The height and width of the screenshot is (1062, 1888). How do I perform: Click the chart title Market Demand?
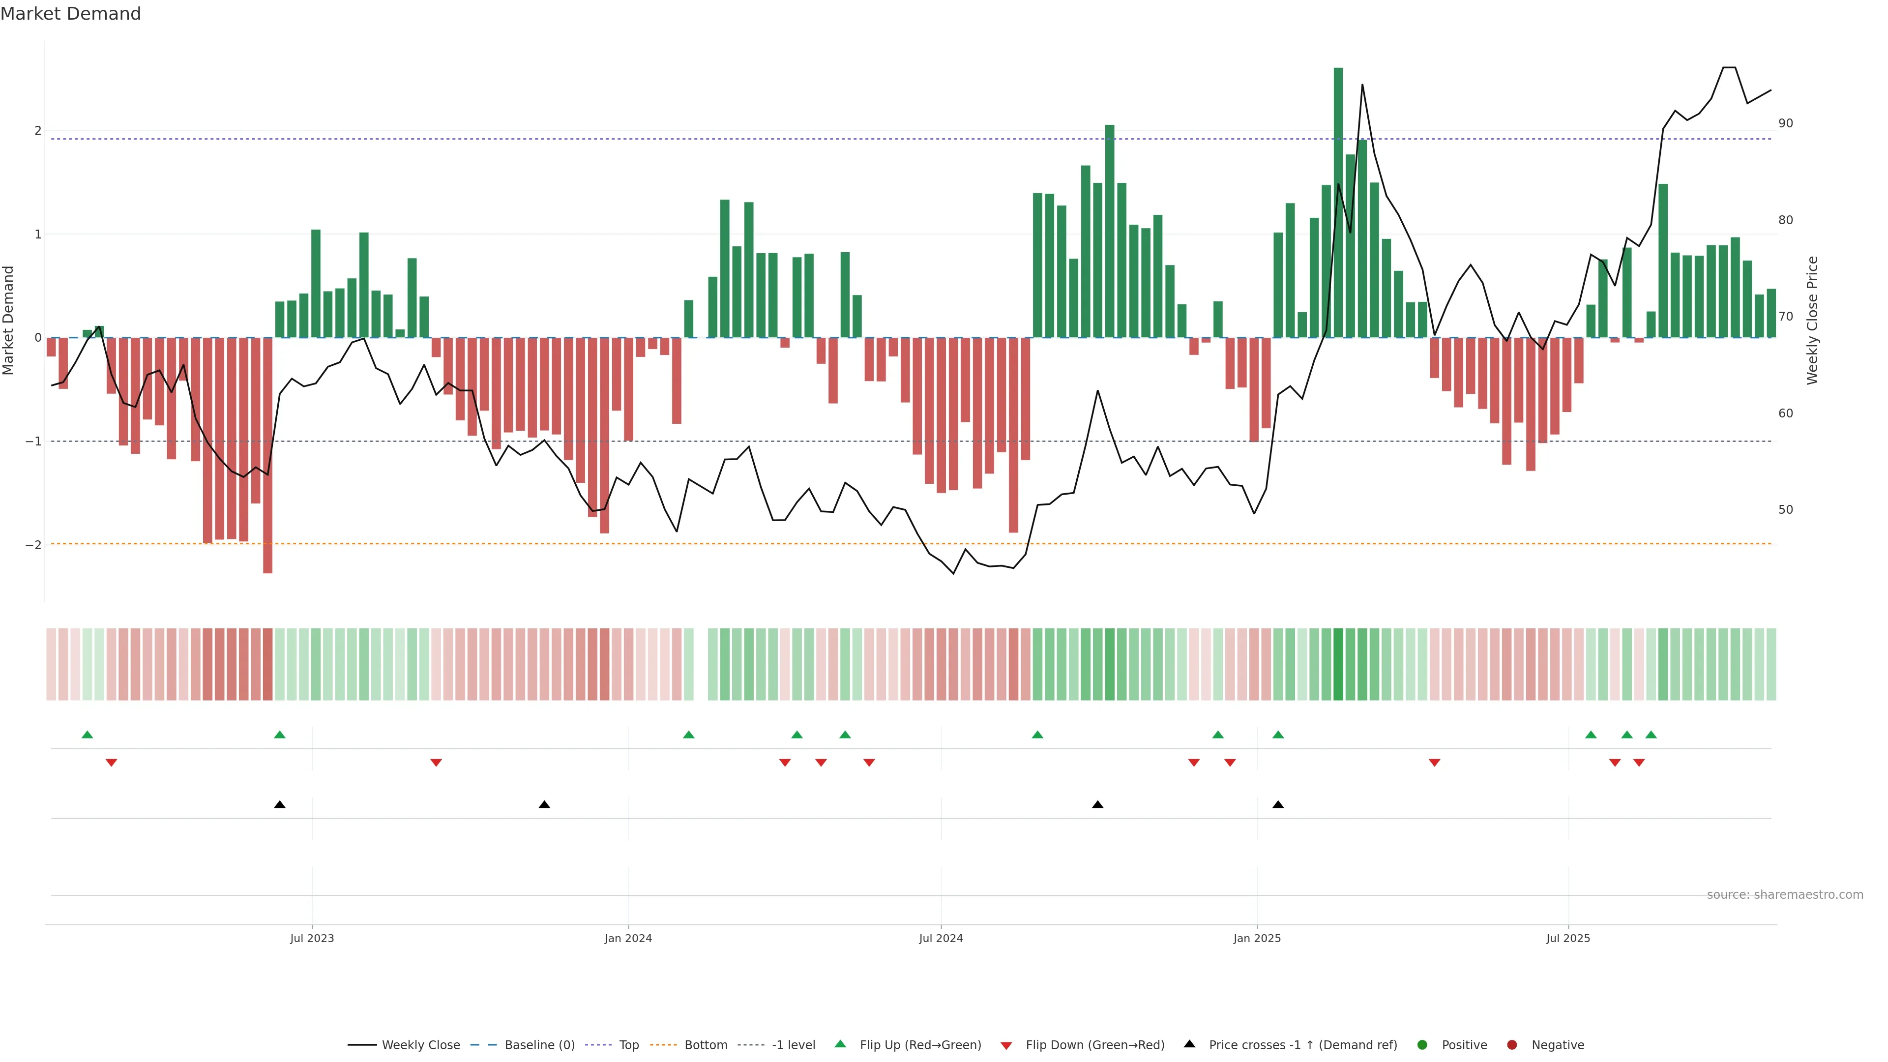(x=70, y=14)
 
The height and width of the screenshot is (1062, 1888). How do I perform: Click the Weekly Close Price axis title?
(x=1812, y=320)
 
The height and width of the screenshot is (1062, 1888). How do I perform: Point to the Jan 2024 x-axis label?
(x=628, y=938)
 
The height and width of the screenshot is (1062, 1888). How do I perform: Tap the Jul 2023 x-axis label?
(x=312, y=938)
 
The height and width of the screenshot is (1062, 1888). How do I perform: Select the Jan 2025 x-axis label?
(x=1257, y=938)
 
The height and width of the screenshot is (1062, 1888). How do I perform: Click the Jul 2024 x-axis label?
(x=941, y=938)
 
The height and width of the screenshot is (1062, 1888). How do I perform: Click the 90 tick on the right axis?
(x=1786, y=123)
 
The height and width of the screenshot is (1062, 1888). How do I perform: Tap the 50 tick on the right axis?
(x=1786, y=509)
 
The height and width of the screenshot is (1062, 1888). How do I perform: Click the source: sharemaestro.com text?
(x=1785, y=895)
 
